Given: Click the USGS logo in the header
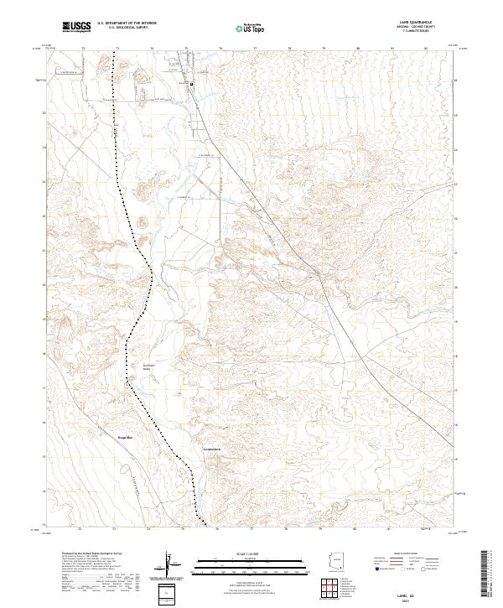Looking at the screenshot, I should coord(75,26).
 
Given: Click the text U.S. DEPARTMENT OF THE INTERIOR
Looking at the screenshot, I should coord(127,23).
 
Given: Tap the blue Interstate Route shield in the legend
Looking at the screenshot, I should coord(376,569).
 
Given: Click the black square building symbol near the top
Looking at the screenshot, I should coord(191,85).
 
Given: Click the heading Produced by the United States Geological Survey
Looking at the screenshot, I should coord(91,554).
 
